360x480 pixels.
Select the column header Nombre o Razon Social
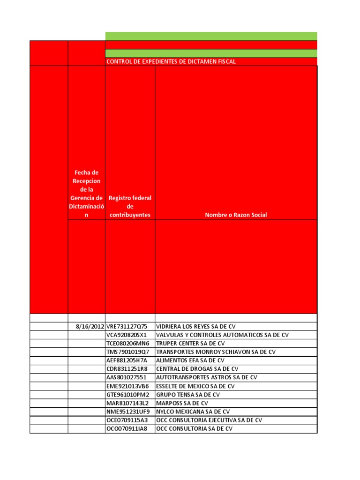click(236, 215)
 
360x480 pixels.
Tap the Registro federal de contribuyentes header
click(130, 206)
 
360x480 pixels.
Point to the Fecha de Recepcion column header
click(86, 194)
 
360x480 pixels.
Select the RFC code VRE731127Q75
click(127, 326)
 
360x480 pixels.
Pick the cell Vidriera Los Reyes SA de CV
click(208, 326)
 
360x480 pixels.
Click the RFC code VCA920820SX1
click(127, 335)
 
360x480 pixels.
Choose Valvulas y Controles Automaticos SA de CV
click(222, 335)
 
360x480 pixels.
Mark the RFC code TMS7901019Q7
click(128, 352)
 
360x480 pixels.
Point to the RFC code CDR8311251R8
click(127, 369)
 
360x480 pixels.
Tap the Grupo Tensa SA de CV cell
click(187, 395)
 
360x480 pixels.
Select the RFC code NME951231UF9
click(128, 412)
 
